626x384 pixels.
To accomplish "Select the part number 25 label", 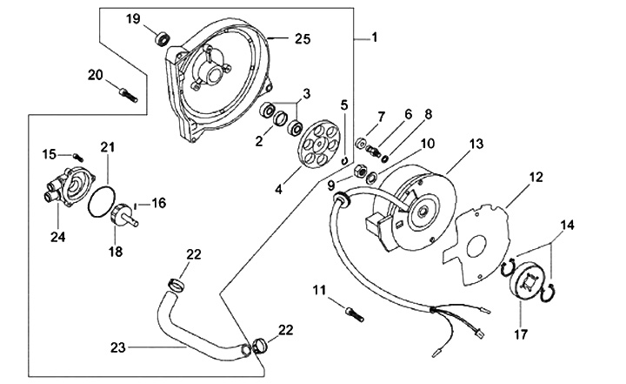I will coord(301,38).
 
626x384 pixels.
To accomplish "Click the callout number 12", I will coord(536,178).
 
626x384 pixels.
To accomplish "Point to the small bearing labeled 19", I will coord(160,39).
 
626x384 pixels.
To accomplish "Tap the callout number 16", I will coord(159,203).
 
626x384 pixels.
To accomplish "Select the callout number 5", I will coord(344,104).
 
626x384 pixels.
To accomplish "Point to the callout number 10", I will coord(403,143).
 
